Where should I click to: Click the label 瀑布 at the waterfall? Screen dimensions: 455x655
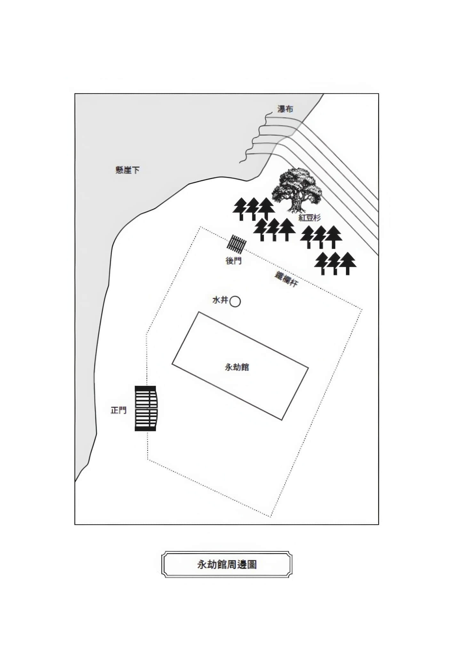[x=285, y=109]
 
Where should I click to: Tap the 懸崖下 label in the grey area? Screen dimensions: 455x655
[x=127, y=170]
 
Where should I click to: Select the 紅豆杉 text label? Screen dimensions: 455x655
[x=309, y=218]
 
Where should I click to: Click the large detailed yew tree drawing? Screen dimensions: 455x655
[x=297, y=190]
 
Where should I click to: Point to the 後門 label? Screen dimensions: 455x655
[x=234, y=261]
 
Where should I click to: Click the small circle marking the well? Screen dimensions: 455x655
[x=235, y=301]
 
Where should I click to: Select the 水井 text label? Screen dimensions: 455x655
[x=220, y=300]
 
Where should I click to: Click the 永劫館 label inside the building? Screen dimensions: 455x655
[x=237, y=367]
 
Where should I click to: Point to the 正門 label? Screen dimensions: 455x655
[x=118, y=410]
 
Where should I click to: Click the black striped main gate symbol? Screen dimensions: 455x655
[x=146, y=408]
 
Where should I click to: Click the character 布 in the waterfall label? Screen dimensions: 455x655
[x=289, y=109]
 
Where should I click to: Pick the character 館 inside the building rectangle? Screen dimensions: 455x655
[x=245, y=367]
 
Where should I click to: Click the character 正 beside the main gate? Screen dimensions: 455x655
[x=115, y=410]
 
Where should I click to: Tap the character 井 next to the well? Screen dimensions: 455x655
[x=224, y=300]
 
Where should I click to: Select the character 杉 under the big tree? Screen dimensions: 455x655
[x=317, y=218]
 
